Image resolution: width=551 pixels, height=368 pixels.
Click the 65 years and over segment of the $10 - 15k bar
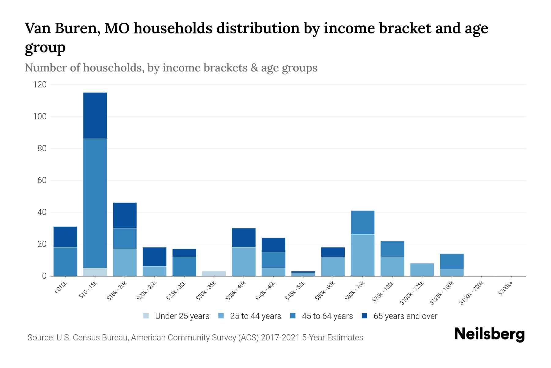(95, 116)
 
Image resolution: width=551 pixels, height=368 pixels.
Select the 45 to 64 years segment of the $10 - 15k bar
(95, 203)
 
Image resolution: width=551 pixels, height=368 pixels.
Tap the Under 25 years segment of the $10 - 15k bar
(95, 272)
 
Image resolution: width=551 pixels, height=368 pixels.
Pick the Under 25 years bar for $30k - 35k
(214, 274)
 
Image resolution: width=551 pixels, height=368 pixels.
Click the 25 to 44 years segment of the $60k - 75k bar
(362, 255)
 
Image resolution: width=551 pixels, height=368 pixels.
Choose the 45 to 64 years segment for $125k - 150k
(452, 262)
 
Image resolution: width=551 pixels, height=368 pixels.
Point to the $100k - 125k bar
(422, 270)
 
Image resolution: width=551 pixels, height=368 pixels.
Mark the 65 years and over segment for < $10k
(65, 237)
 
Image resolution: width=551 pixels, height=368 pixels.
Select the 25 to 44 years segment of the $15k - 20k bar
(125, 263)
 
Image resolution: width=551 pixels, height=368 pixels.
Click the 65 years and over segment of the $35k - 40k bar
(244, 238)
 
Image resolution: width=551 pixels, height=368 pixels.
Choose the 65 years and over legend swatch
(365, 316)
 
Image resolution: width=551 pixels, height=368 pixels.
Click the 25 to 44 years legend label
(256, 316)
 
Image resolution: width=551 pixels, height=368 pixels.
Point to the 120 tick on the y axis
(40, 85)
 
